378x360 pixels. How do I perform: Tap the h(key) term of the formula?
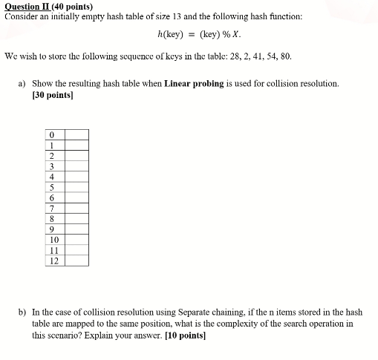(x=172, y=34)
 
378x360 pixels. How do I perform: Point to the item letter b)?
(x=22, y=313)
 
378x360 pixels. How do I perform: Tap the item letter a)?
(x=22, y=84)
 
